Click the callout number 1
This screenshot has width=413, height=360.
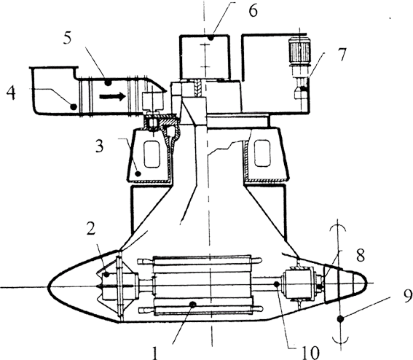(155, 353)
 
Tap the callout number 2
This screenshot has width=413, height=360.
(91, 230)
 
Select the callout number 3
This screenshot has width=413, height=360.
(99, 146)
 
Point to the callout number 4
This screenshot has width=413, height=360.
(11, 93)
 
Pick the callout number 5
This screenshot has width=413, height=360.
(67, 38)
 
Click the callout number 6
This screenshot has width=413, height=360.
(253, 11)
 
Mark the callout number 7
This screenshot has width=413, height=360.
(342, 54)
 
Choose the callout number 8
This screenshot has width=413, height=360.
(361, 255)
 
